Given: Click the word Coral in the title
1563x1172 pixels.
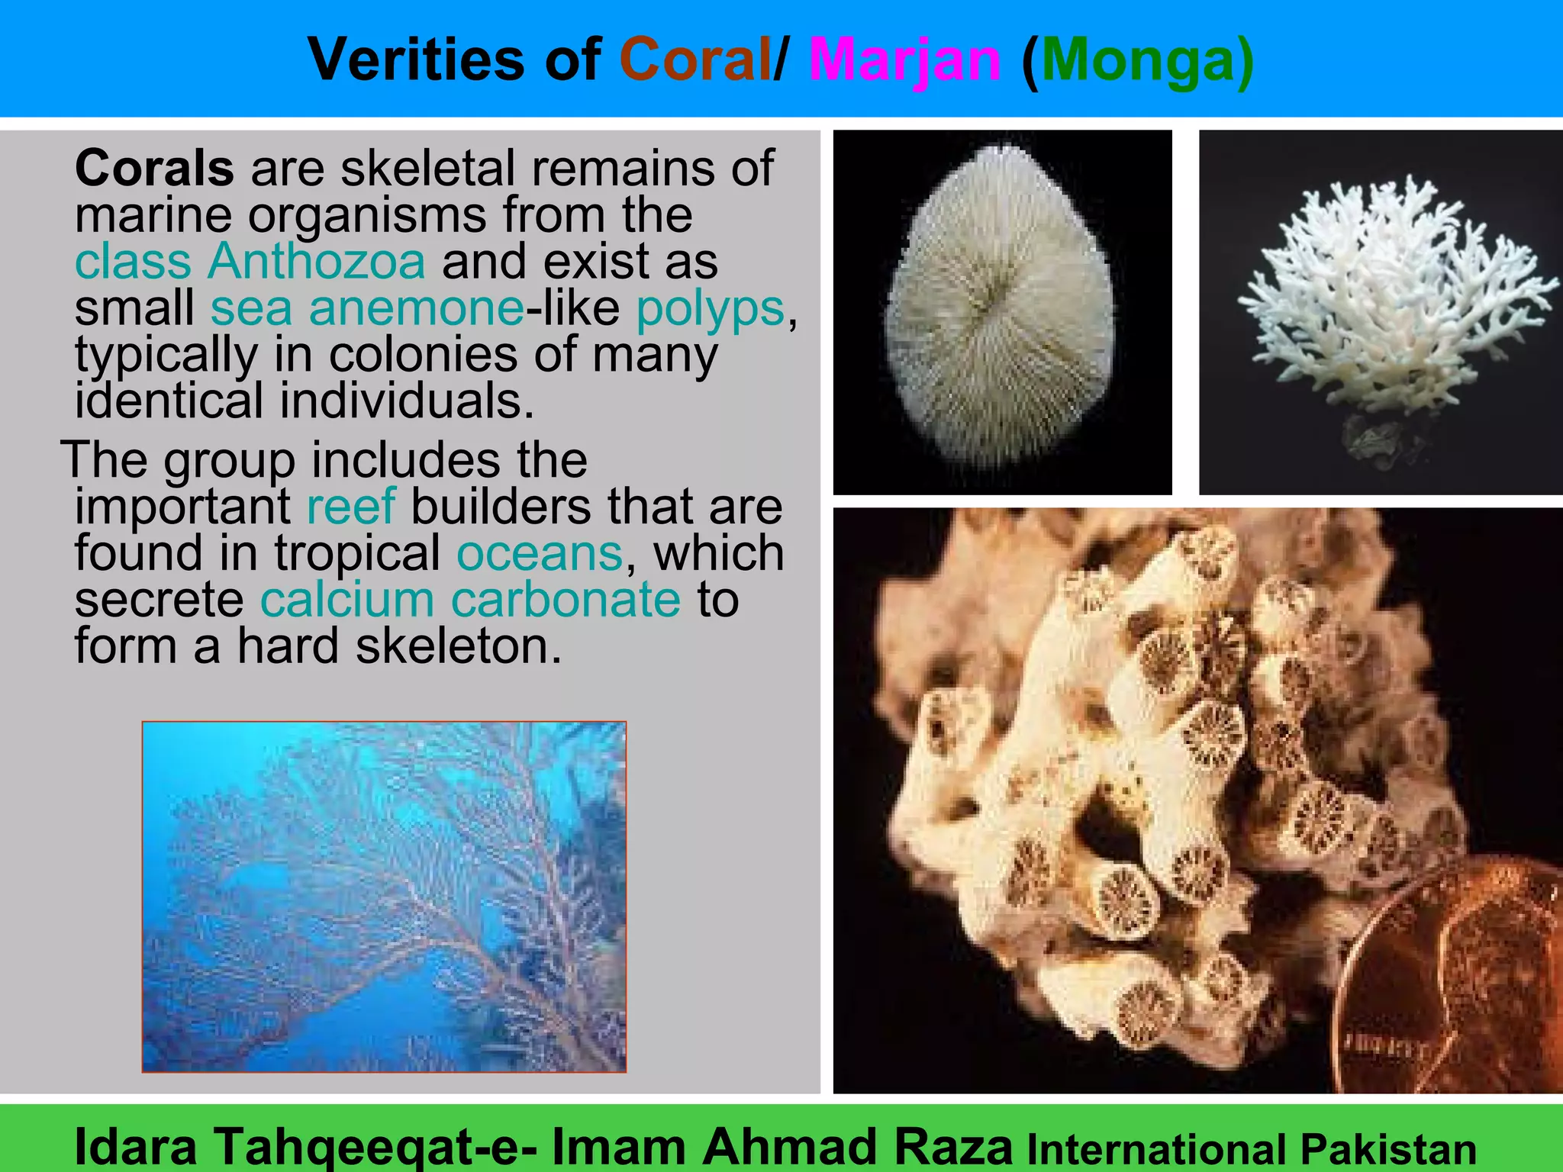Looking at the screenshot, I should point(694,60).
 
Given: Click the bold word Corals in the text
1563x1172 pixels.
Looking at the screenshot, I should point(154,168).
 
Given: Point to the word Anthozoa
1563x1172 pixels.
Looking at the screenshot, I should point(317,261).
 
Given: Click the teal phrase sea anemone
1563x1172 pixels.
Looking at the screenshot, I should point(367,308).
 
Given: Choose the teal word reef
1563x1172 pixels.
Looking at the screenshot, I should point(351,506).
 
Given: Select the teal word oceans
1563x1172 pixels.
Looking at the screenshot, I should point(540,553).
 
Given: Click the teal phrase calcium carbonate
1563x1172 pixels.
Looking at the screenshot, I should point(469,600).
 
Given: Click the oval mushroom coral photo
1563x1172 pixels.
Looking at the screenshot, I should point(1001,305).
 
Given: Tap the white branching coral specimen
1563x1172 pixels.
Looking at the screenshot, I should point(1389,290).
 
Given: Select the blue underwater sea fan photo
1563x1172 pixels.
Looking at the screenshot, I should point(384,897).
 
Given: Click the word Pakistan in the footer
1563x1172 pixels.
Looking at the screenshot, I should point(1388,1149).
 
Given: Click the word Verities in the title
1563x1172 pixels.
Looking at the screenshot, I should point(417,60).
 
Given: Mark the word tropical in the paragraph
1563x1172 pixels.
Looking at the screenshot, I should point(357,553).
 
